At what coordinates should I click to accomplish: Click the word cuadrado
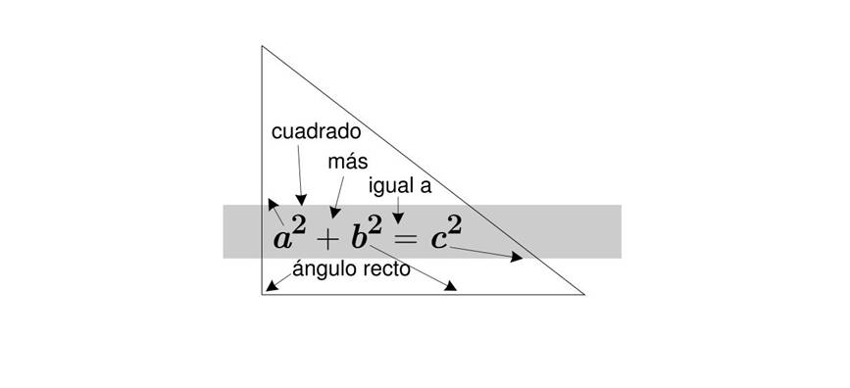pyautogui.click(x=316, y=131)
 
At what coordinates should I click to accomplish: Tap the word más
pyautogui.click(x=347, y=162)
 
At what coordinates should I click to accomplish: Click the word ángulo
pyautogui.click(x=320, y=269)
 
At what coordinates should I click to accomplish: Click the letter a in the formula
pyautogui.click(x=282, y=239)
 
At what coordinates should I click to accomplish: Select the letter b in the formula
pyautogui.click(x=359, y=237)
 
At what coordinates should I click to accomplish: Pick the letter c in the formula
pyautogui.click(x=438, y=240)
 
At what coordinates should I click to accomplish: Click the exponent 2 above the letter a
pyautogui.click(x=299, y=226)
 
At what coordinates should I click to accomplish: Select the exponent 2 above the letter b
pyautogui.click(x=375, y=225)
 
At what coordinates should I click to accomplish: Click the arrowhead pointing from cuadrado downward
pyautogui.click(x=301, y=200)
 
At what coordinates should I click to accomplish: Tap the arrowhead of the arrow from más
pyautogui.click(x=335, y=213)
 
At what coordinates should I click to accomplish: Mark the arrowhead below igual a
pyautogui.click(x=398, y=218)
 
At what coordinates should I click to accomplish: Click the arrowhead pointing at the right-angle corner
pyautogui.click(x=272, y=285)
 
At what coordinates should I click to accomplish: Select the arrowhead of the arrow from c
pyautogui.click(x=517, y=257)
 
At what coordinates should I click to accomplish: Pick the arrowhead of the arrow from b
pyautogui.click(x=450, y=285)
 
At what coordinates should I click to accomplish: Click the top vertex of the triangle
pyautogui.click(x=262, y=47)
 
